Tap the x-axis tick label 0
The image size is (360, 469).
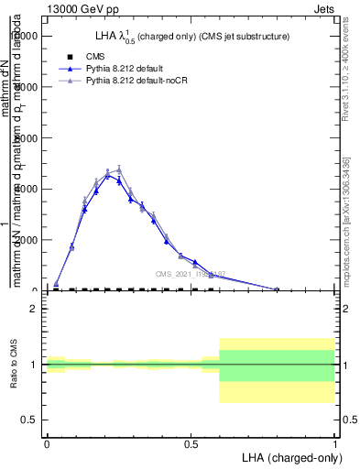point(47,443)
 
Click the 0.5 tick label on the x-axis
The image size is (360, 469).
point(191,443)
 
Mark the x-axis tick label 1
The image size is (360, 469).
point(335,443)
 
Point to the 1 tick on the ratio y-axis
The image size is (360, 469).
point(34,365)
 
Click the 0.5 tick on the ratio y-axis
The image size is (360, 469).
point(30,420)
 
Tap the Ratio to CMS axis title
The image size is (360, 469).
point(14,365)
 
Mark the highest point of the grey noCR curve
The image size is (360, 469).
point(119,169)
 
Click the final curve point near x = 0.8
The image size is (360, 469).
point(277,289)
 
